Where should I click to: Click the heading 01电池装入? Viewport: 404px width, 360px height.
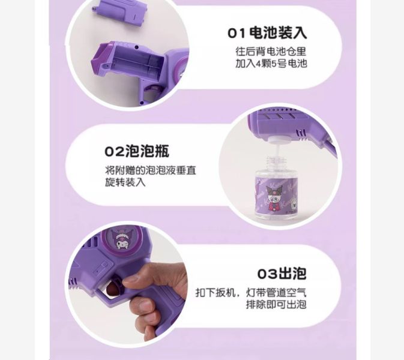[x=267, y=32]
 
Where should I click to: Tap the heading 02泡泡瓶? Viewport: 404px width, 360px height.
[x=136, y=151]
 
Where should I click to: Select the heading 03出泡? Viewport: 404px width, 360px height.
[x=282, y=274]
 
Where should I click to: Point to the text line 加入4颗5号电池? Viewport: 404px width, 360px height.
[x=271, y=63]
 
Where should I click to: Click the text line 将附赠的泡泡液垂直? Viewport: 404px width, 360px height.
[x=150, y=170]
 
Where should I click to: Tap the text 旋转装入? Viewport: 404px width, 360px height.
[x=125, y=182]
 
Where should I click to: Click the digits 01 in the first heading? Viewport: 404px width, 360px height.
[x=237, y=32]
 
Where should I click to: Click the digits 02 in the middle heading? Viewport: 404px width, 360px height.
[x=113, y=151]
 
